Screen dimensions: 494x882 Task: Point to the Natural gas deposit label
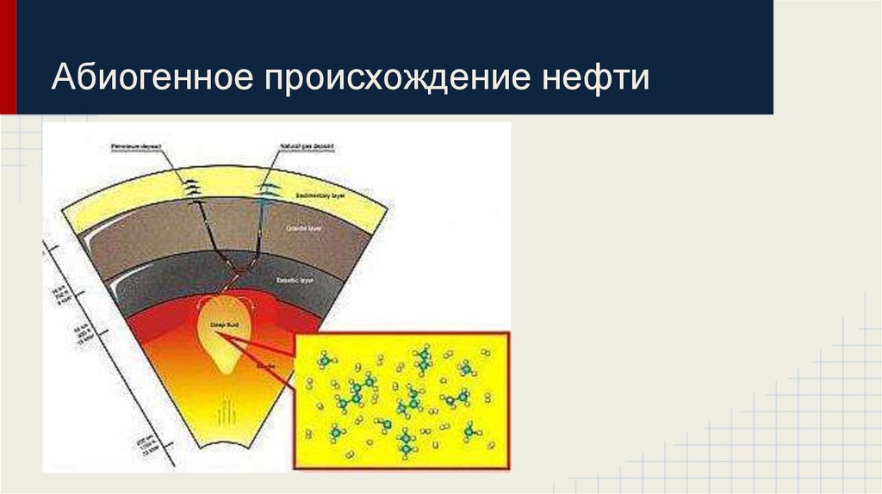click(307, 147)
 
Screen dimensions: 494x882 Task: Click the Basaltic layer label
click(295, 281)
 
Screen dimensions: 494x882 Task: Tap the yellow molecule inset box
click(401, 400)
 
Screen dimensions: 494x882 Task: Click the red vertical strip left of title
click(8, 57)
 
